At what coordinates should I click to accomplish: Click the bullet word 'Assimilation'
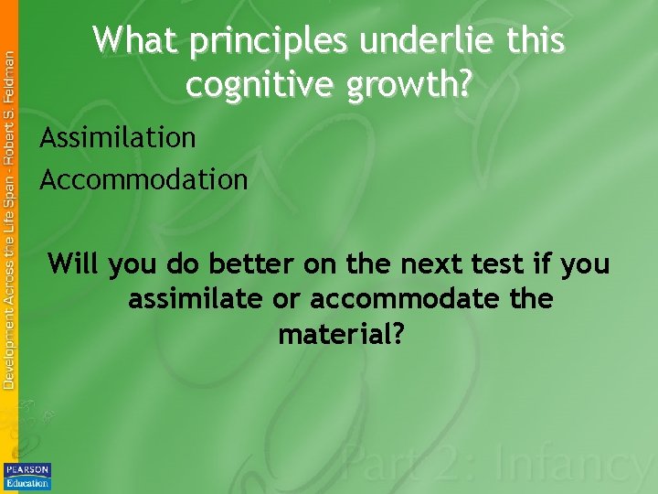tap(118, 138)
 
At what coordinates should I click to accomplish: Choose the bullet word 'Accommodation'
tap(143, 179)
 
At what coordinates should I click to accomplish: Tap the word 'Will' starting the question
tap(74, 264)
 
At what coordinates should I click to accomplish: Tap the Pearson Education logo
tap(27, 476)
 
